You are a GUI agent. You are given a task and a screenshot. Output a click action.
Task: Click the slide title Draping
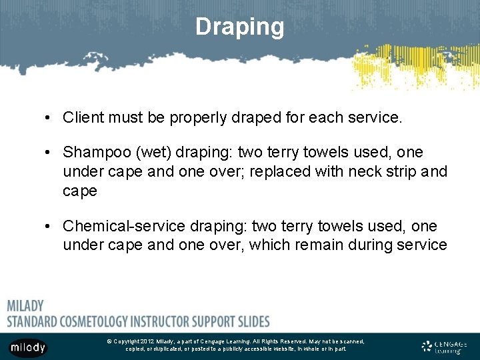[240, 27]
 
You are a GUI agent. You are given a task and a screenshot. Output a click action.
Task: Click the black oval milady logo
[28, 347]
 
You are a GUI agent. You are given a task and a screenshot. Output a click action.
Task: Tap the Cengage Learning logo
[444, 347]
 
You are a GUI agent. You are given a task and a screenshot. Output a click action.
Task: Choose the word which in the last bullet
[271, 245]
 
